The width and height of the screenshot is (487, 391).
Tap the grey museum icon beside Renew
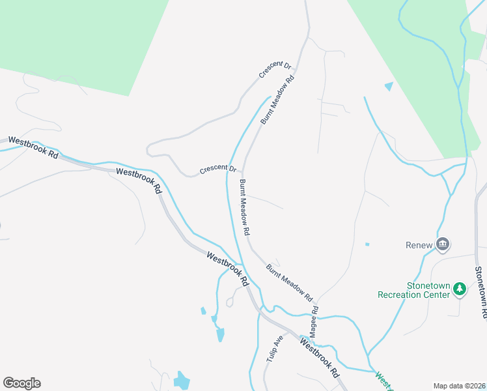443,244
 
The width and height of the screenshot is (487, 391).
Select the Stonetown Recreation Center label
415,290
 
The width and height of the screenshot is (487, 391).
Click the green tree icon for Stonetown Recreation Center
460,288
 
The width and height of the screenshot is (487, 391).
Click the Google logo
21,383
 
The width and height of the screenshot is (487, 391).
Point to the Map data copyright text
459,386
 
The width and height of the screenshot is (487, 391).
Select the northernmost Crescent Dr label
275,69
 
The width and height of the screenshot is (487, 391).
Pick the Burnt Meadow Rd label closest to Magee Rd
290,282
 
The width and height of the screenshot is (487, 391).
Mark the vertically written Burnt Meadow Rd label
245,207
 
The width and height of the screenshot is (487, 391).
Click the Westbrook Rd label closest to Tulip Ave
320,356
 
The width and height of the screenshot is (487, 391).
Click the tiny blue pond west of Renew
367,244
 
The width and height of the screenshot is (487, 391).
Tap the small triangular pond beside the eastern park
389,86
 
